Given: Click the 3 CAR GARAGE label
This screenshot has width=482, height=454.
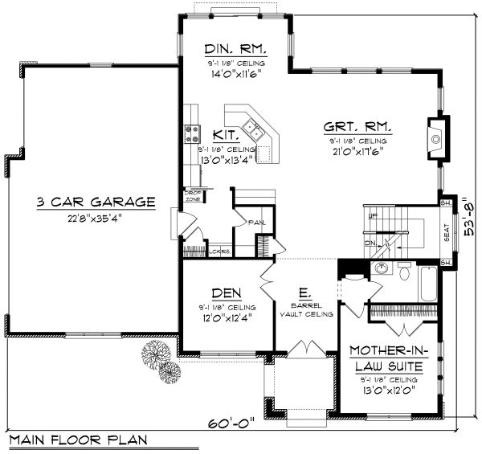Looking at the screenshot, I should coord(96,202).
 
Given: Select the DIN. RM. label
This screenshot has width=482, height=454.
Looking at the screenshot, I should coord(232,48).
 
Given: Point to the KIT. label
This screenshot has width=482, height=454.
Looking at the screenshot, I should coord(224,136).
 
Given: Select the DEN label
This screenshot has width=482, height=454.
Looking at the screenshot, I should coord(223,293).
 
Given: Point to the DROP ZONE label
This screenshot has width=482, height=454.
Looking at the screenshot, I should coord(193,195).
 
